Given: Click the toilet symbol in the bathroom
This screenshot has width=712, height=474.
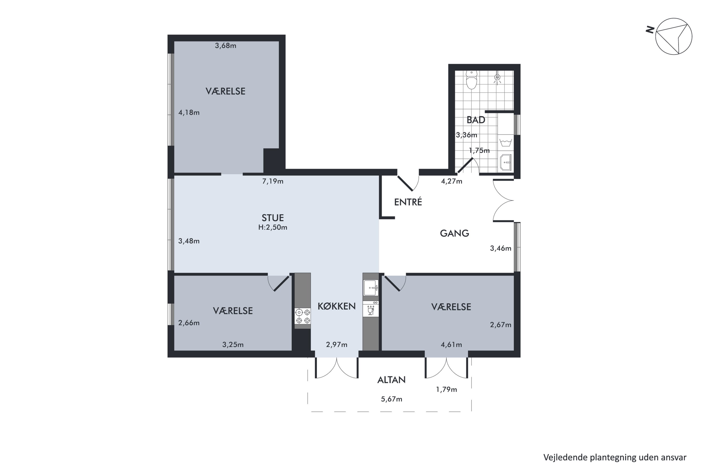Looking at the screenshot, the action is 472,80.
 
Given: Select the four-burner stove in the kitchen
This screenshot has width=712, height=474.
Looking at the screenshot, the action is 303,316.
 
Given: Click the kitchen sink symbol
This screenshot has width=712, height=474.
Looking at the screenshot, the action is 371,288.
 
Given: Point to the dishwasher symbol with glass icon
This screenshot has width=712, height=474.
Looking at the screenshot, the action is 370,309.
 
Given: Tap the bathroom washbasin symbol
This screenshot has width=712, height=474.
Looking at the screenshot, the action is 506,162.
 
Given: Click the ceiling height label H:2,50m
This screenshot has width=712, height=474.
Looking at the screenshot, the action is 273,227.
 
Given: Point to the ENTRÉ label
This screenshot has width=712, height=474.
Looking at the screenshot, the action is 408,202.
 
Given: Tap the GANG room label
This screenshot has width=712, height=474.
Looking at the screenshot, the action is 454,233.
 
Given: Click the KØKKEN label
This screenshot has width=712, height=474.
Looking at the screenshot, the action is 337,306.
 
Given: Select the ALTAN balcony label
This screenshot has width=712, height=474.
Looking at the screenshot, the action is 391,380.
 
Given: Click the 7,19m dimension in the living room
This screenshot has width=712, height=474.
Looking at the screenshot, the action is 273,181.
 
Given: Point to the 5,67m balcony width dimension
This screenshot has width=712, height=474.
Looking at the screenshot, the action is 391,399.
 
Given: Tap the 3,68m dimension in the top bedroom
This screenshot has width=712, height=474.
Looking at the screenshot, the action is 225,46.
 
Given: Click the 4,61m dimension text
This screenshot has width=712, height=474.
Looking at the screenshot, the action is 451,345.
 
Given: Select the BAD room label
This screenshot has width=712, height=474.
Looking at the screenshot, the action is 476,120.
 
